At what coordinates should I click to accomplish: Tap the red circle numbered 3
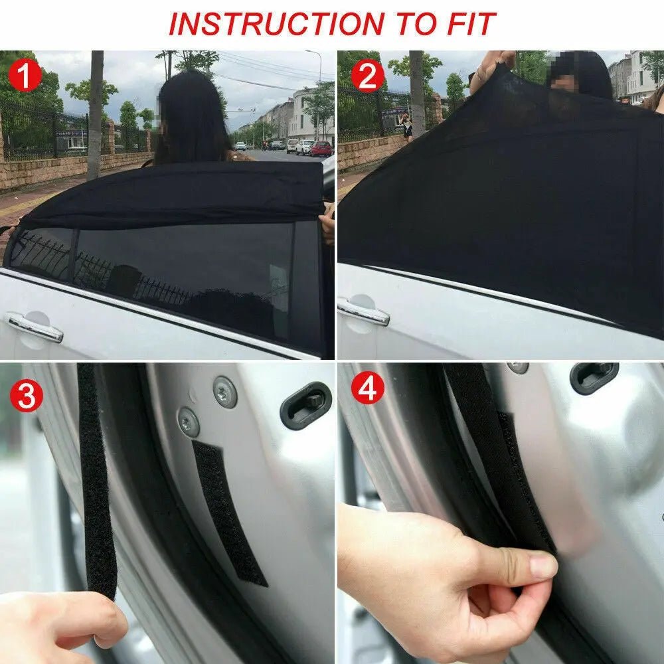point(25,396)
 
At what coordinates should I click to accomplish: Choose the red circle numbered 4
point(367,390)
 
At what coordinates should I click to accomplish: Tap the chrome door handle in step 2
point(363,311)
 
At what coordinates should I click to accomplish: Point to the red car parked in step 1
point(321,149)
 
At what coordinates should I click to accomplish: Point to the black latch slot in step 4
point(593,378)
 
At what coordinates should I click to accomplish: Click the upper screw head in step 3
point(225,392)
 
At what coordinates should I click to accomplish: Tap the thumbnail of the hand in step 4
point(542,566)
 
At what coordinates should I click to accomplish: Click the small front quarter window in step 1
point(41,252)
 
